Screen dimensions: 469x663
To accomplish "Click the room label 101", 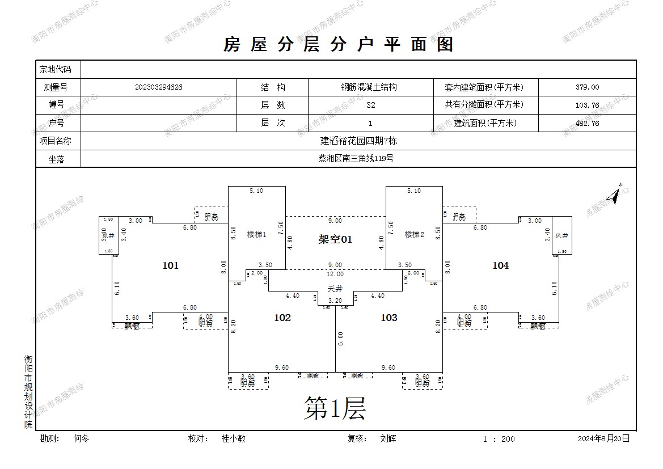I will coord(170,265).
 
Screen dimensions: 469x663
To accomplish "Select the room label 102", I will coord(282,318).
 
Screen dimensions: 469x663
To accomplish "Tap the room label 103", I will coord(388,318).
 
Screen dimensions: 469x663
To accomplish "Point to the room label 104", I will coord(500,265).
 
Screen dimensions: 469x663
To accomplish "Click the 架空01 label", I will coord(335,240).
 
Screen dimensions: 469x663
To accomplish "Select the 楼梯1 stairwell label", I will coord(256,234).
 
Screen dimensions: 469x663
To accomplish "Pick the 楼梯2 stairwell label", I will coord(414,234).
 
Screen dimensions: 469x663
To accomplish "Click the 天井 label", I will coord(335,289).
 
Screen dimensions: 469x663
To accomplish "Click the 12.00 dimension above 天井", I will coord(335,274).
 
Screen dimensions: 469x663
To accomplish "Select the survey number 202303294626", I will coord(159,87).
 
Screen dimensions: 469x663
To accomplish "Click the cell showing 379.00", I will coord(586,87).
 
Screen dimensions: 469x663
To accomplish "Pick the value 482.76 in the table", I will coord(586,123).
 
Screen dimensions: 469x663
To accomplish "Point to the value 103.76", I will coord(586,105).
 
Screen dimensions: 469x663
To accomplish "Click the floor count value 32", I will coord(370,105).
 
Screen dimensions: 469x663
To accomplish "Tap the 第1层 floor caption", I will coord(335,408).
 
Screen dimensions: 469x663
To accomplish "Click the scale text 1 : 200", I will coord(499,438).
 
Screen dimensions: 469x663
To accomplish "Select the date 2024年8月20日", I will coord(603,438).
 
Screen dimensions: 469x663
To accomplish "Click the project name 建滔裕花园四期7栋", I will coord(358,141).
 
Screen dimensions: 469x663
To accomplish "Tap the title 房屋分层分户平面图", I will coord(339,44).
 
